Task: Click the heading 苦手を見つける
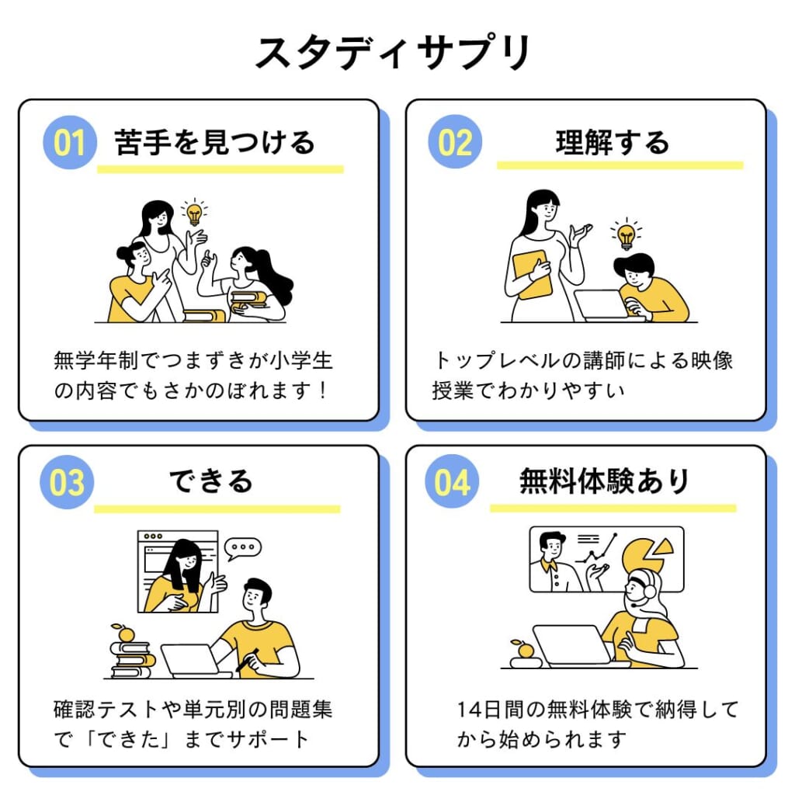(x=214, y=142)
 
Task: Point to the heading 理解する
(x=612, y=143)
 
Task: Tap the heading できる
(x=211, y=481)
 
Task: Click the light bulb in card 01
(x=194, y=212)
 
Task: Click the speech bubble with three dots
(x=242, y=547)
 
